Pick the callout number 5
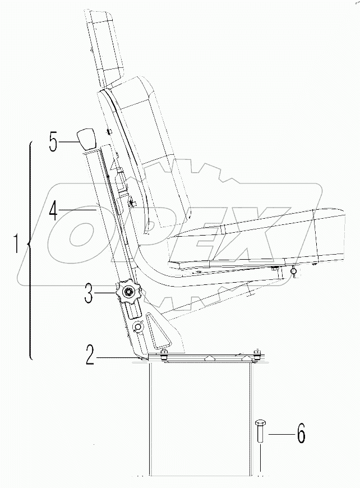tap(53, 142)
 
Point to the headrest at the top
tap(107, 45)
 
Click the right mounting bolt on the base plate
tap(257, 353)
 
